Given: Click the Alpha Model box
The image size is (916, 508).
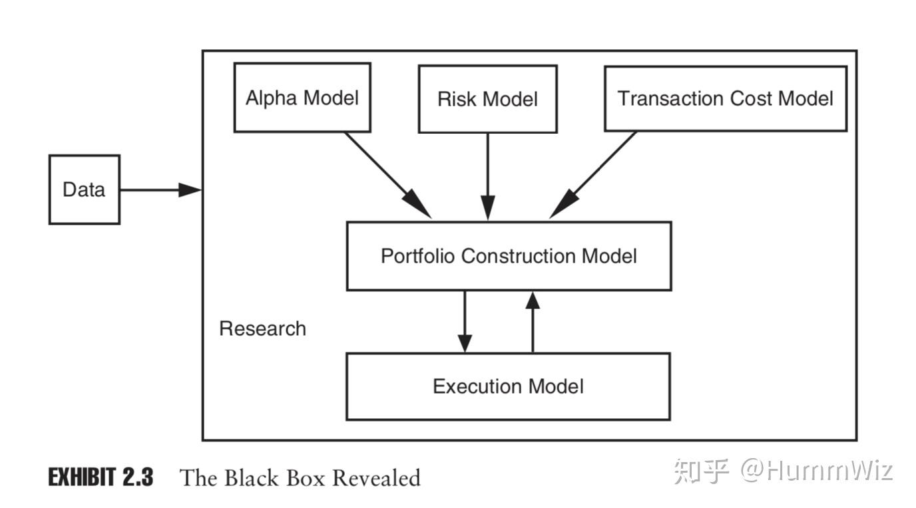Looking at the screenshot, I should [x=302, y=98].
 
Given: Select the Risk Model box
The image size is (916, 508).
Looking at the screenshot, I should [x=487, y=99].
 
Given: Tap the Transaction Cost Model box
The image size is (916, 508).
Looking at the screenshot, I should [x=725, y=98].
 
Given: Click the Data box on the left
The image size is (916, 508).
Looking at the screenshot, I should [x=84, y=190].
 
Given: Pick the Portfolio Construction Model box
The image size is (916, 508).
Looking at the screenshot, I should [x=509, y=256].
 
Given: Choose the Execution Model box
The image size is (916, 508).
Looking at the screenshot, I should [x=508, y=386].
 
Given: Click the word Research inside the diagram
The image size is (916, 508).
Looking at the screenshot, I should [x=262, y=328].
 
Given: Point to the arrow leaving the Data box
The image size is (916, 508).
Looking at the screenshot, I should [x=160, y=190].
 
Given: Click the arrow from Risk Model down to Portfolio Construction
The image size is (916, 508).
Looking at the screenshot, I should [x=488, y=176].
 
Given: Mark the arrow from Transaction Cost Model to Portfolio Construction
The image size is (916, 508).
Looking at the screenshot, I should [x=592, y=175].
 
